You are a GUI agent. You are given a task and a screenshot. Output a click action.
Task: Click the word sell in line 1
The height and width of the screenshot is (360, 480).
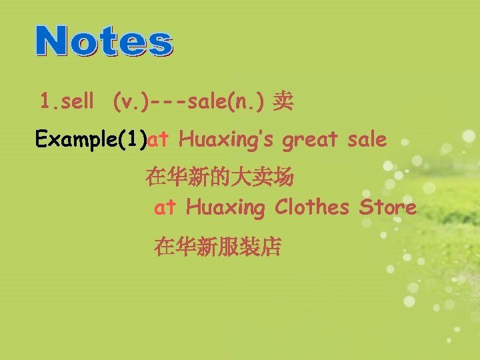point(79,102)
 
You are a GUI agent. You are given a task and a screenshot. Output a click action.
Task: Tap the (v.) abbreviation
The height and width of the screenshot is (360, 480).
point(131,102)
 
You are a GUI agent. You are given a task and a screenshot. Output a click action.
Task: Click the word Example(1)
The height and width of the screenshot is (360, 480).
point(91,140)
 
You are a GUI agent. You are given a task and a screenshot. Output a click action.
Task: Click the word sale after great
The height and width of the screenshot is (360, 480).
point(367,140)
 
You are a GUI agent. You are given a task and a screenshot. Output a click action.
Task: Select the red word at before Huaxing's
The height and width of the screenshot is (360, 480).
point(159,140)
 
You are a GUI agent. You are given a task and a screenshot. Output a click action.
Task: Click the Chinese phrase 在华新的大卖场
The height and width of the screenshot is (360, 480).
point(219,177)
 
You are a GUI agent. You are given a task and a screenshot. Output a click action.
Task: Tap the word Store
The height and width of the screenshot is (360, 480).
point(388,207)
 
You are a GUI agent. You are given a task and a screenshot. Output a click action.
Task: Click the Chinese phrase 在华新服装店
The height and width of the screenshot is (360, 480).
point(218,247)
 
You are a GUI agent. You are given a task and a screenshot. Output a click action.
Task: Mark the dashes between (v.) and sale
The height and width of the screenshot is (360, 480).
point(169,103)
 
